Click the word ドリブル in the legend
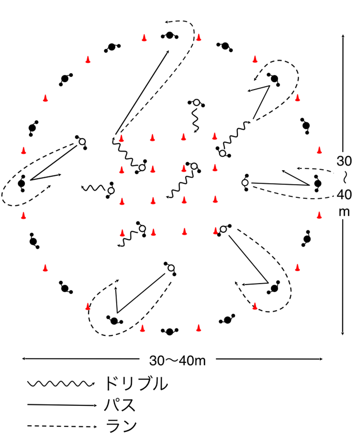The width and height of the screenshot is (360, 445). pyautogui.click(x=135, y=384)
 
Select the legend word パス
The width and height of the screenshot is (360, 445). pyautogui.click(x=120, y=405)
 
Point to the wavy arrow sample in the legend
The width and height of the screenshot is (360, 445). pyautogui.click(x=61, y=384)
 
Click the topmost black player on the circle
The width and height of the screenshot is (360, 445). pyautogui.click(x=169, y=35)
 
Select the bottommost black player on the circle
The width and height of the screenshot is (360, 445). pyautogui.click(x=170, y=332)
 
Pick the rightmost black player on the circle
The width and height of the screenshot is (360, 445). pyautogui.click(x=317, y=184)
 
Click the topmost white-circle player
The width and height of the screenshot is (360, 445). pyautogui.click(x=196, y=103)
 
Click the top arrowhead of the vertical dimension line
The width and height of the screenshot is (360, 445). pyautogui.click(x=343, y=34)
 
